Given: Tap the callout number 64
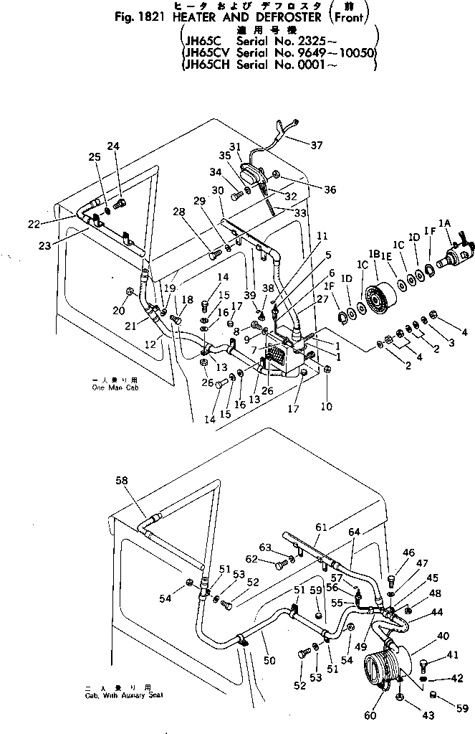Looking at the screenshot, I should (x=355, y=532).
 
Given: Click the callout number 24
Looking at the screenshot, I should (x=113, y=147).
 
